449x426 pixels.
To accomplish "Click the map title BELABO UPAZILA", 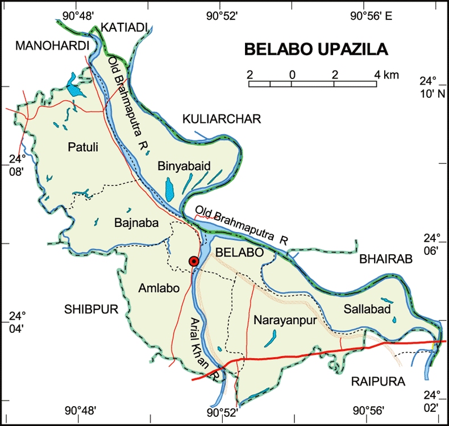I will [316, 49].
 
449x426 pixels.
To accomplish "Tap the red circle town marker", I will [194, 262].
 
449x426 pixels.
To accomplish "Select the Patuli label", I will [83, 148].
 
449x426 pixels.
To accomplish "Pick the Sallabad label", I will [367, 309].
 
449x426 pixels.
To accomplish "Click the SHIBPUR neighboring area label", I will [90, 309].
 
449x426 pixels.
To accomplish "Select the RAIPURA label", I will [377, 382].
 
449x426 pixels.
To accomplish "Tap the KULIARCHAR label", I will [221, 119].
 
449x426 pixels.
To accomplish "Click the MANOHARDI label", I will [53, 46].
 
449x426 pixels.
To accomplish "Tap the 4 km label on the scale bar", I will [386, 75].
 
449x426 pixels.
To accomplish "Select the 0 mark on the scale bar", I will [292, 75].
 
